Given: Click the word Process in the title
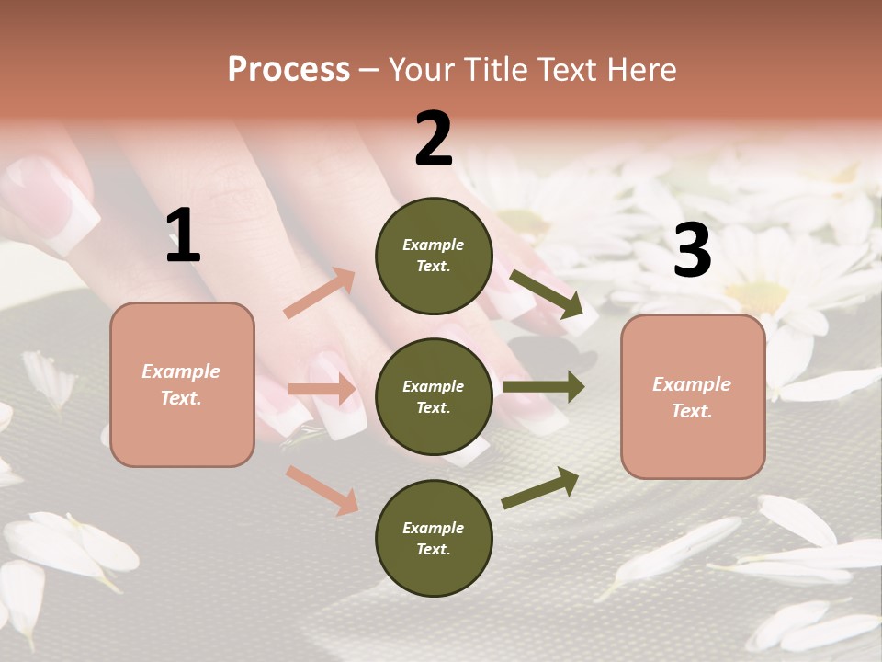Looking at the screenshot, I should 288,69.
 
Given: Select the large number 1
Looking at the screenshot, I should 183,236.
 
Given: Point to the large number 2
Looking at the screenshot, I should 434,139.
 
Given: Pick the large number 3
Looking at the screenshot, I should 692,250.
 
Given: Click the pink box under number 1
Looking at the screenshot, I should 182,384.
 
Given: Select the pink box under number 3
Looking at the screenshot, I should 693,396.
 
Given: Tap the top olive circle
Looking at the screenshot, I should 434,256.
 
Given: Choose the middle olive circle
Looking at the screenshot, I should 434,396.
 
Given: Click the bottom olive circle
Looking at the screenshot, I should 434,538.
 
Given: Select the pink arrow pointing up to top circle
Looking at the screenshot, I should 320,293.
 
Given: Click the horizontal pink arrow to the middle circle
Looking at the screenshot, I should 322,389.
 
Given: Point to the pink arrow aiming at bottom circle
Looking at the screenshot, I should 322,489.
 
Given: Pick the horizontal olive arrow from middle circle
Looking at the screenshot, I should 544,386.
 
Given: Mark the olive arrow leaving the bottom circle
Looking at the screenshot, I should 541,487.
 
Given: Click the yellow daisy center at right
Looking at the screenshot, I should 759,296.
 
